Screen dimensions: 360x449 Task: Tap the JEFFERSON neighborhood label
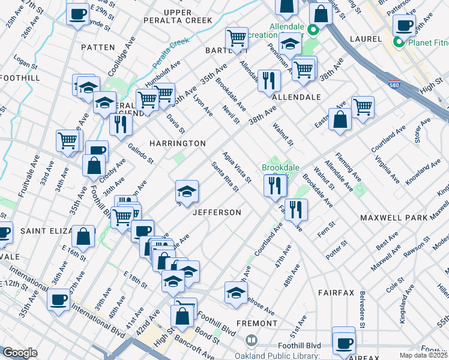pos(217,212)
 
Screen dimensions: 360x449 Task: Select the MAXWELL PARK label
pos(394,217)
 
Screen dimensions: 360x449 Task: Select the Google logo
pos(20,352)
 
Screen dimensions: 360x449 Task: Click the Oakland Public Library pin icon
pos(252,340)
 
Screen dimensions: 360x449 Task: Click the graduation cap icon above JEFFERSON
pos(187,192)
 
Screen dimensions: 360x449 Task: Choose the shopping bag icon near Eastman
pos(340,119)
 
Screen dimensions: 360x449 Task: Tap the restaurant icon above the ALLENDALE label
pos(269,80)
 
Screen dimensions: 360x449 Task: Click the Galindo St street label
pos(143,153)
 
